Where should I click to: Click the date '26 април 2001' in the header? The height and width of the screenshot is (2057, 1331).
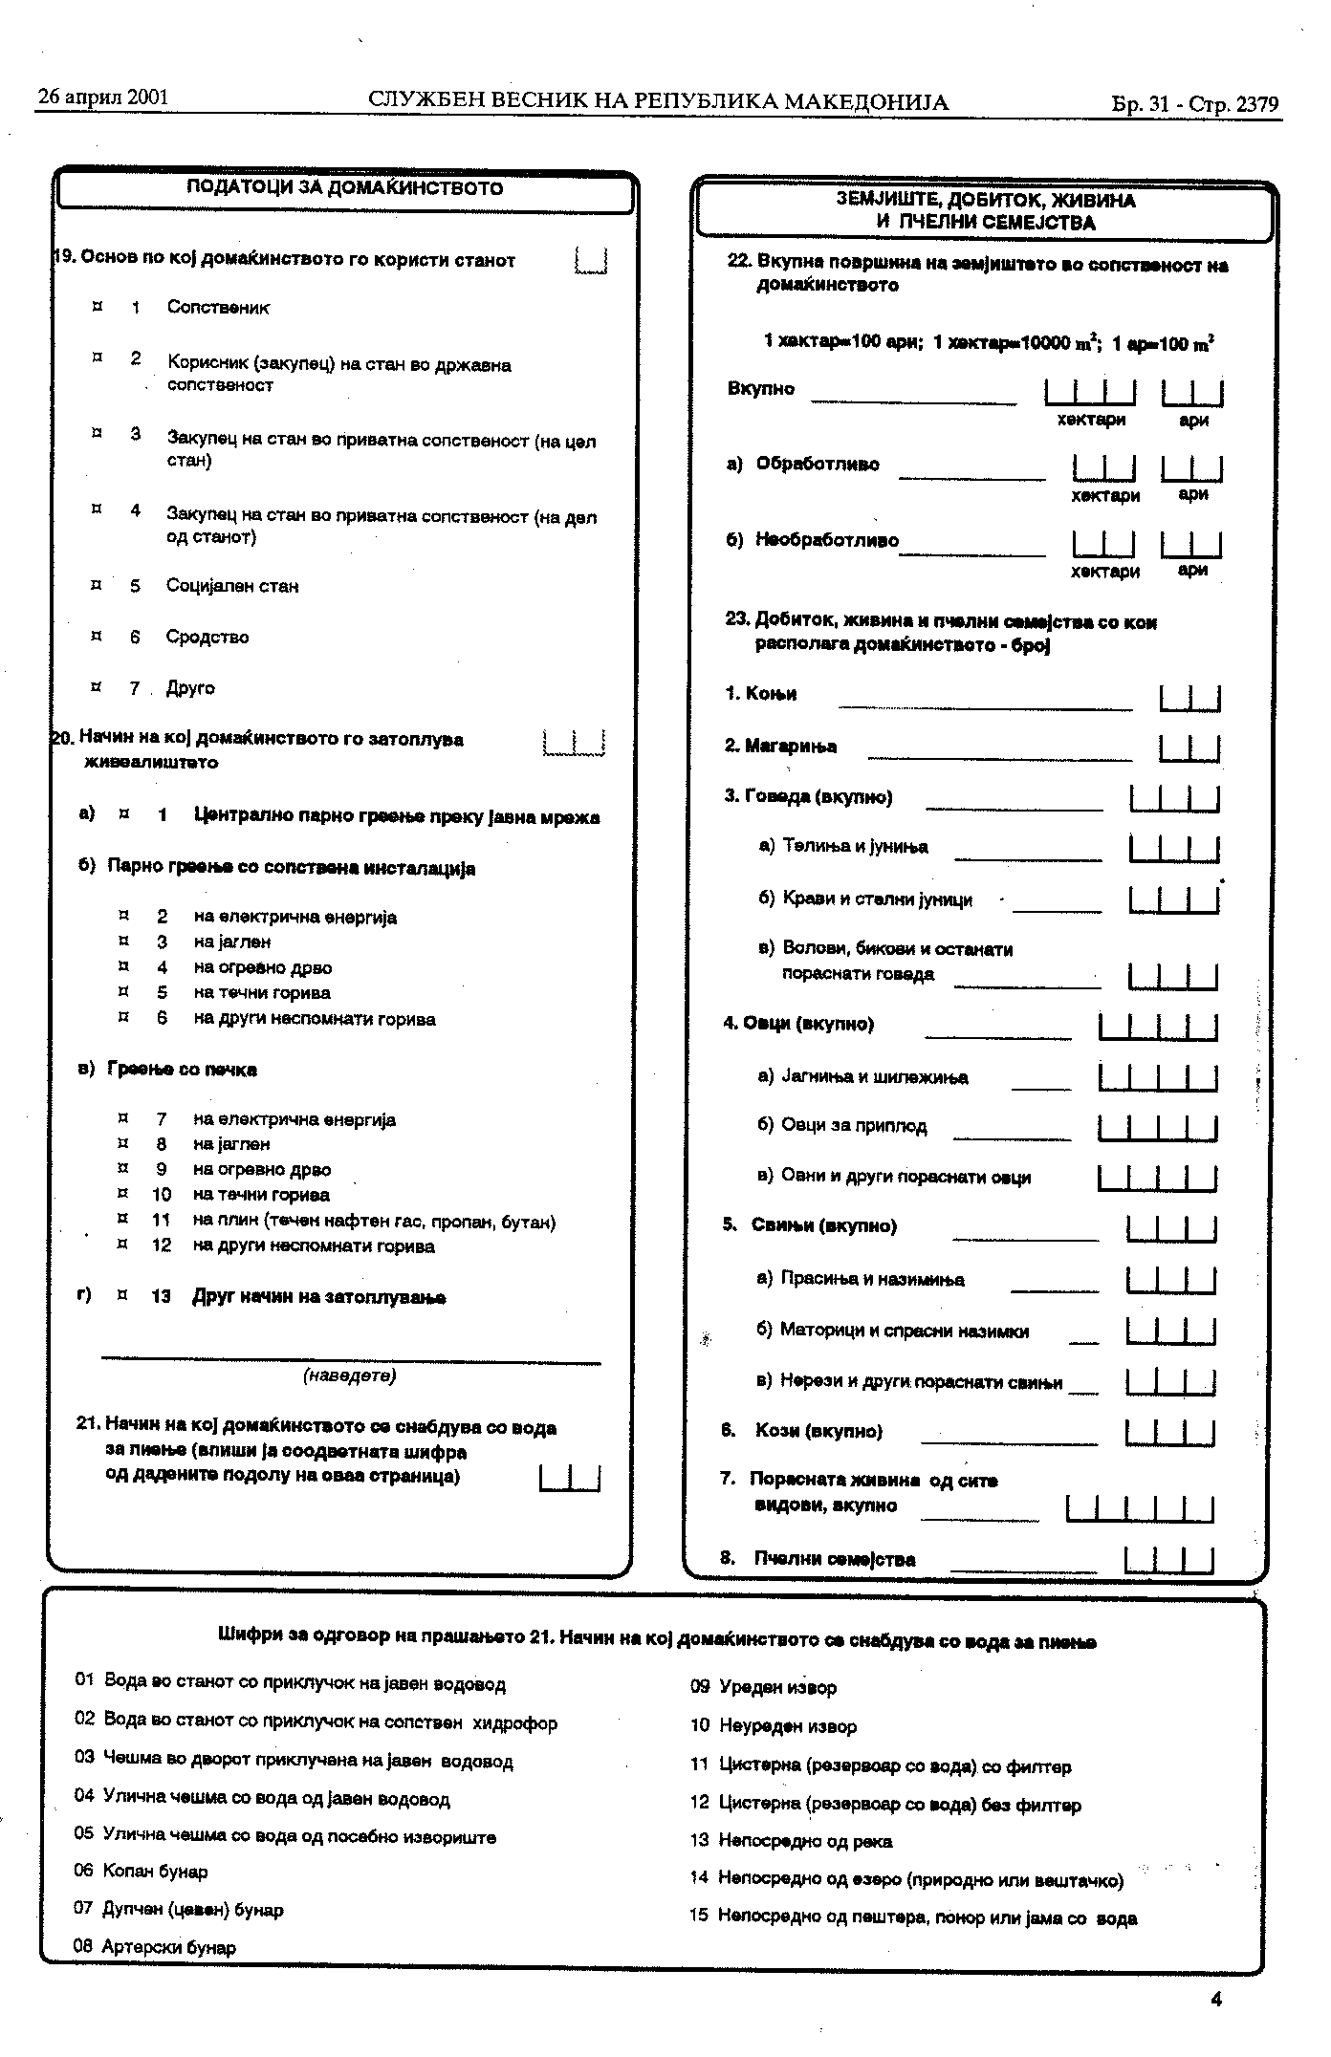(x=103, y=97)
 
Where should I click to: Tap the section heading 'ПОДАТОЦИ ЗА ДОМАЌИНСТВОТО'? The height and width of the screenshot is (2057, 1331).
(x=344, y=188)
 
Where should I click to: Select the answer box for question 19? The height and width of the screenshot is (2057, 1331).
(x=592, y=260)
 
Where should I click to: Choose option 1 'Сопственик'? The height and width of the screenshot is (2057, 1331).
(x=218, y=308)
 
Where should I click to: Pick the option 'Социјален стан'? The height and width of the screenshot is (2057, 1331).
(x=232, y=586)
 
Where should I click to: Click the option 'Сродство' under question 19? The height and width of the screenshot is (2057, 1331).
(x=207, y=637)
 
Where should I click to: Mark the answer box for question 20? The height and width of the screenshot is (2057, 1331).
(x=574, y=743)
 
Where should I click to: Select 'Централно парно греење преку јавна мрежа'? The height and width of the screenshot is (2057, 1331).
(x=397, y=817)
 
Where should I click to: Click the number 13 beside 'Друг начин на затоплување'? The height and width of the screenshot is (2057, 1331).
(x=161, y=1297)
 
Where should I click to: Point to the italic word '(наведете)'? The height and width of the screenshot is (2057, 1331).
(x=349, y=1375)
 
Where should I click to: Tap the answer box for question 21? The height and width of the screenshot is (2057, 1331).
(x=570, y=1478)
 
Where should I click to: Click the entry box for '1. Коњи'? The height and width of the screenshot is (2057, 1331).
(x=1189, y=699)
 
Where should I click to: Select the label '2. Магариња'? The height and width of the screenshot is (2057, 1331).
(x=780, y=747)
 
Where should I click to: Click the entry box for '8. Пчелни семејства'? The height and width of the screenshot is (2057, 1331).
(x=1169, y=1560)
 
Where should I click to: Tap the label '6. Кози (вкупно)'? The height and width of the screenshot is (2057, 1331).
(x=801, y=1431)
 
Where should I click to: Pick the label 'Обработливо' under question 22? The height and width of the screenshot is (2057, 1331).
(x=818, y=465)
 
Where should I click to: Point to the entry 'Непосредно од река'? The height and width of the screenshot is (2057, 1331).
(x=805, y=1841)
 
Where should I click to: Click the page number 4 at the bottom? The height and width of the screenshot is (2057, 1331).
(x=1216, y=1999)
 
